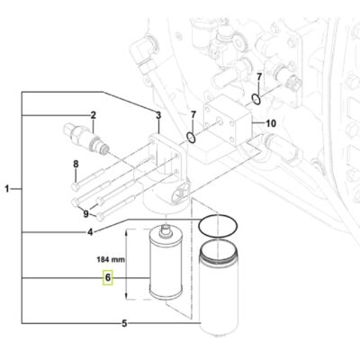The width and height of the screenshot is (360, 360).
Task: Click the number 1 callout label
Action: [x=8, y=189]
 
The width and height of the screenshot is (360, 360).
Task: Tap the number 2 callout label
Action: [x=92, y=114]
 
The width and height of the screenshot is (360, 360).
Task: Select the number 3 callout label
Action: [x=158, y=115]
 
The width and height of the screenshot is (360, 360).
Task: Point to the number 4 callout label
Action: [x=114, y=233]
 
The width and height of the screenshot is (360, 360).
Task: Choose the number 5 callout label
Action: [x=124, y=323]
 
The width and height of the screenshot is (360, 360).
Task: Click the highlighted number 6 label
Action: [x=107, y=279]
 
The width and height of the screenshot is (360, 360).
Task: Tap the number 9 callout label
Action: [x=86, y=214]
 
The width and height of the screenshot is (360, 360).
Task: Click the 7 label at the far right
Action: [x=259, y=77]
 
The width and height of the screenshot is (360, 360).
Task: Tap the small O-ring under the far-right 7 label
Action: [x=258, y=98]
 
